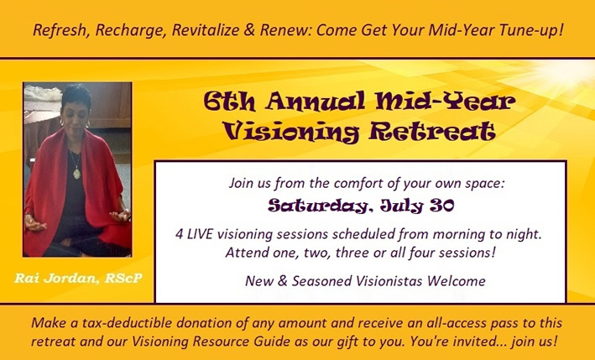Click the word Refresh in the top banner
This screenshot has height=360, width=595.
tap(61, 30)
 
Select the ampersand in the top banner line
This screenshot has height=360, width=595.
tap(249, 30)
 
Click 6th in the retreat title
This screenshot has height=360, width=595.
tap(229, 102)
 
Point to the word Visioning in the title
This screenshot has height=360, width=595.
tap(290, 133)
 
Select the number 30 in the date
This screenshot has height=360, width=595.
tap(441, 206)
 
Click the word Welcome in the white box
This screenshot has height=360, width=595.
tap(457, 281)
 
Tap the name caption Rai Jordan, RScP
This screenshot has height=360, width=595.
tap(79, 279)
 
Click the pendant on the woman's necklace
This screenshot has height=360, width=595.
tap(77, 174)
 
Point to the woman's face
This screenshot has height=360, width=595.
tap(76, 115)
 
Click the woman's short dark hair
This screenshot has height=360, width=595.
tap(76, 95)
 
